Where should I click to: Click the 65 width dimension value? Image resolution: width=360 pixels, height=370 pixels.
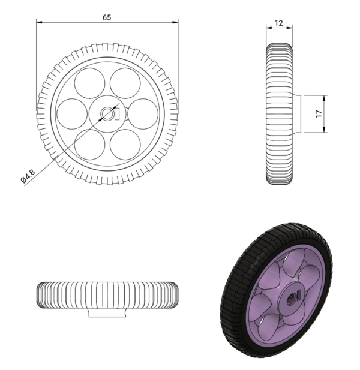tap(107, 17)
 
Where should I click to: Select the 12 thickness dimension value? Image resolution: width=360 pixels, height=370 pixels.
tap(278, 22)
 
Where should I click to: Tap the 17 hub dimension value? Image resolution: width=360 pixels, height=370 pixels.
tap(319, 113)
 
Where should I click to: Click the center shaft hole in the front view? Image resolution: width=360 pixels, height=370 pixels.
tap(108, 113)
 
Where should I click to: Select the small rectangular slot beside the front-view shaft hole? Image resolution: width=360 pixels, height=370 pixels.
tap(118, 113)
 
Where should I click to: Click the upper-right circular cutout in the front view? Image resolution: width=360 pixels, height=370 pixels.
tap(125, 83)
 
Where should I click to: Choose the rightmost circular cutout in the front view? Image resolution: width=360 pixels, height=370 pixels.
tap(143, 113)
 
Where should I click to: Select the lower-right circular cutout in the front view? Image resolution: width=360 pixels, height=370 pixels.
tap(125, 144)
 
